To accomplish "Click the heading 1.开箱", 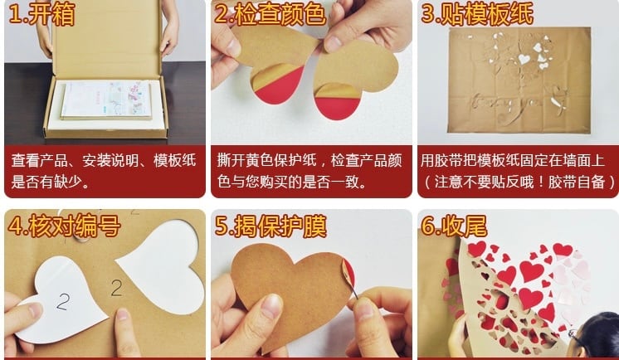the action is [41, 14].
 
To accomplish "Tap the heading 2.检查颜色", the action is [271, 14].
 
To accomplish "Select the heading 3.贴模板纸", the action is [477, 14].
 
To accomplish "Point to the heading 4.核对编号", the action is [64, 226].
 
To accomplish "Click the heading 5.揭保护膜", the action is [271, 226].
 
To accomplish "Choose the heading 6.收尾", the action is [454, 226].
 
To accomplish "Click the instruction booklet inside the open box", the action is [106, 100].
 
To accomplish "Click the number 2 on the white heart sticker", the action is [63, 302].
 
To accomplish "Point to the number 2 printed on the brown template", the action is [116, 288].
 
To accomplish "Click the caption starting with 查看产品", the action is [104, 171].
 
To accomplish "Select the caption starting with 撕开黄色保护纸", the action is [309, 171].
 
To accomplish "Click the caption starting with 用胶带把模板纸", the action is [518, 171].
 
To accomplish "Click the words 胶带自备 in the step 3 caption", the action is [577, 182].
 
